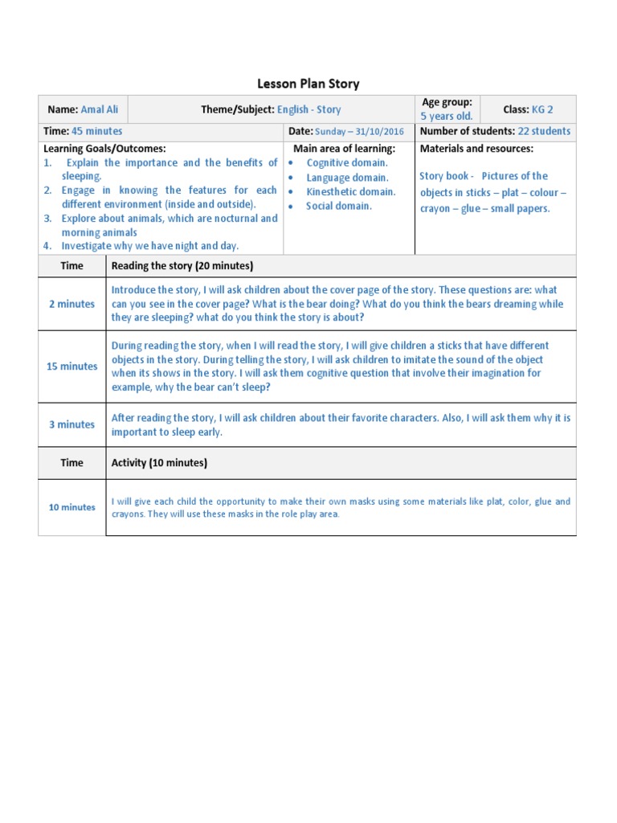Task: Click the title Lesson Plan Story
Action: tap(308, 84)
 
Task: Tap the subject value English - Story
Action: tap(308, 109)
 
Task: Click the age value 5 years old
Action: tap(447, 117)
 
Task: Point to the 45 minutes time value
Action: tap(97, 131)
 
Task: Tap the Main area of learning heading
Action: tap(344, 149)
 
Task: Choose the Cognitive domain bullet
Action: tap(347, 163)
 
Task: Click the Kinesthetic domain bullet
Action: tap(350, 191)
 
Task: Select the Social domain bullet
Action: tap(338, 206)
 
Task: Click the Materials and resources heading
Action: tap(476, 149)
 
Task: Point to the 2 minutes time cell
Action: tap(72, 304)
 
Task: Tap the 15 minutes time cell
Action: tap(72, 366)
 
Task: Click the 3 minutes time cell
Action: tap(72, 424)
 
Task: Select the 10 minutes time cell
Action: tap(72, 507)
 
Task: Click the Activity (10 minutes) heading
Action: tap(159, 463)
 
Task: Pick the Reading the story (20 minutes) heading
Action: tap(182, 265)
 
